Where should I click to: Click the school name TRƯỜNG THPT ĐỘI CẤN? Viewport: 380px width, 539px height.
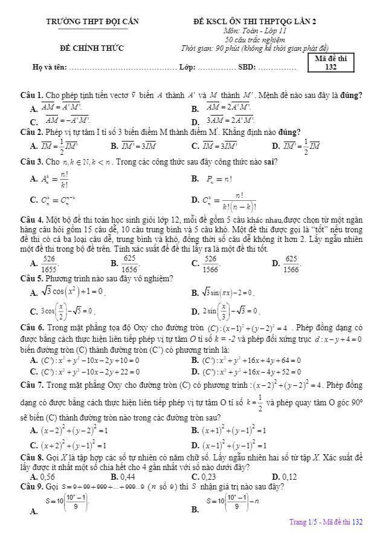coord(92,22)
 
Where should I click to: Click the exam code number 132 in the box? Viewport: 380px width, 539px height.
coord(330,67)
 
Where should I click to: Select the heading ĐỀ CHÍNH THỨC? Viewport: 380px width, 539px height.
coord(92,48)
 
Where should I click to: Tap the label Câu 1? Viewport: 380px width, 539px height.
coord(31,95)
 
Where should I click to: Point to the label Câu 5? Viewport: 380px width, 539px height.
coord(31,278)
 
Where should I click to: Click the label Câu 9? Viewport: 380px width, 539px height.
coord(31,487)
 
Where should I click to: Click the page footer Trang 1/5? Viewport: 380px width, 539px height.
coord(326,521)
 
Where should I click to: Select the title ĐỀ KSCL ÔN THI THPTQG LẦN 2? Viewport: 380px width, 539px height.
coord(254,22)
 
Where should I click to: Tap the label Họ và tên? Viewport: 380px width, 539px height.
coord(50,67)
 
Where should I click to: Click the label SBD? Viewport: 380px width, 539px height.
coord(247,67)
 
